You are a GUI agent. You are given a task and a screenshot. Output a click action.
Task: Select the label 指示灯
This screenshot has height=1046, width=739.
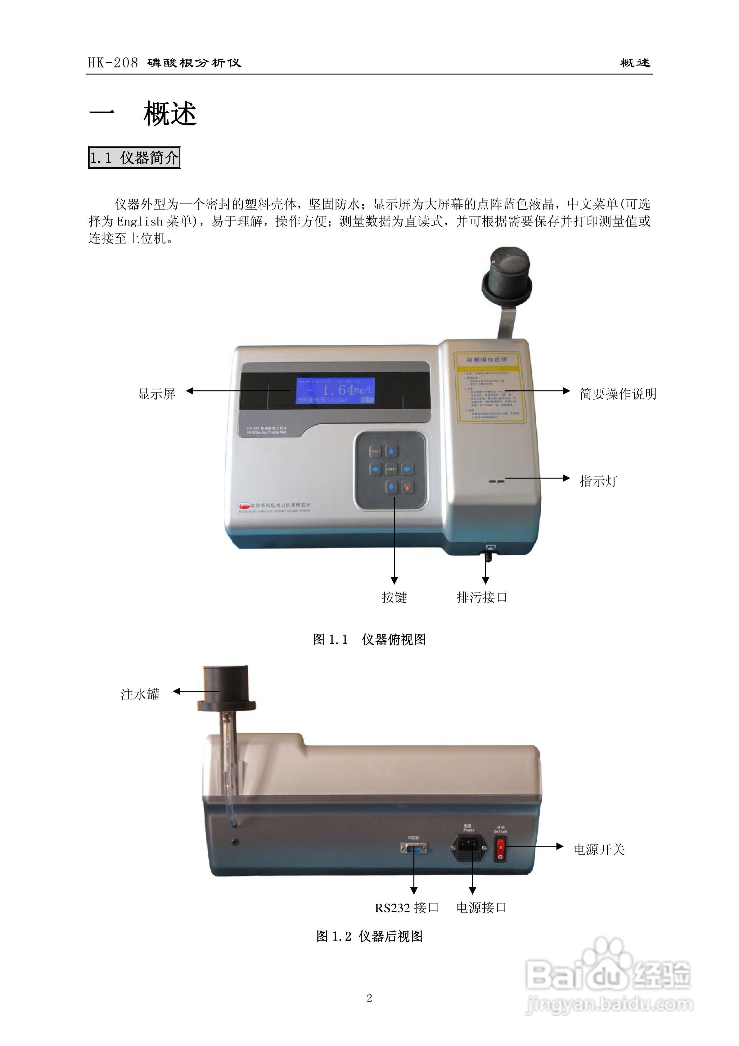598,481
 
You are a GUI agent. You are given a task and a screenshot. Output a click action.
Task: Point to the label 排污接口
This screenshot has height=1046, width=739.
482,597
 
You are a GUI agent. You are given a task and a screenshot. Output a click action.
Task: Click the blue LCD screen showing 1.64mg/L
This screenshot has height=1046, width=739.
336,390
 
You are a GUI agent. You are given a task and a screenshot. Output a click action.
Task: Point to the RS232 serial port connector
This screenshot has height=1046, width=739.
413,848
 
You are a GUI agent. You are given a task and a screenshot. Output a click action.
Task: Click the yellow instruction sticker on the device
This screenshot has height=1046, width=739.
489,387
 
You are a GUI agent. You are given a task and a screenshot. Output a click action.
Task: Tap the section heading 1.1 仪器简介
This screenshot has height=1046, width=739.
134,158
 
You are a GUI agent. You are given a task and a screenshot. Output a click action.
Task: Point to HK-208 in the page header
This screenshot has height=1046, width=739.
112,63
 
